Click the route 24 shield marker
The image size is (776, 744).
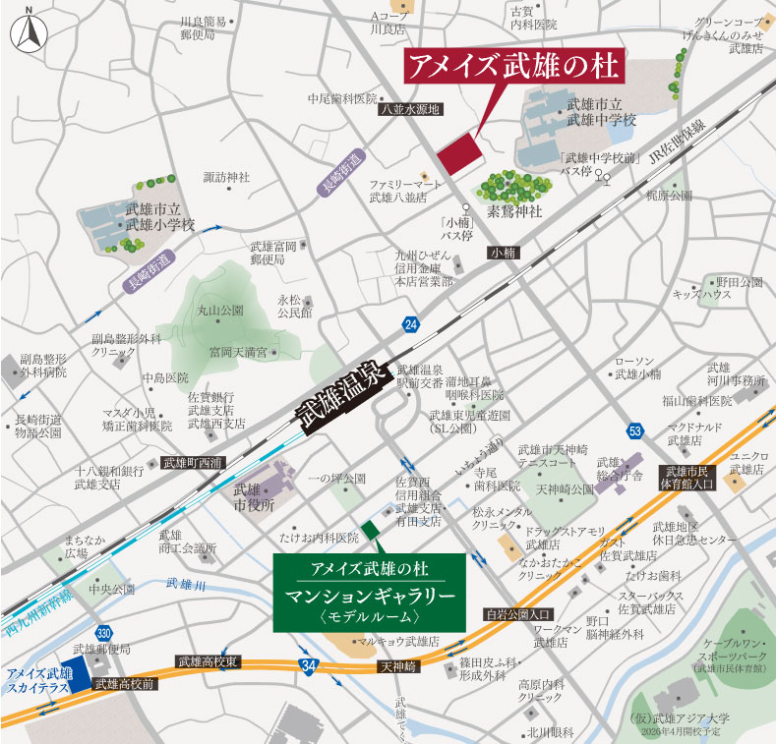[409, 324]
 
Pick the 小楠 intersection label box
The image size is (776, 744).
[503, 254]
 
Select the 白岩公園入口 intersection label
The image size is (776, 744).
[518, 614]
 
